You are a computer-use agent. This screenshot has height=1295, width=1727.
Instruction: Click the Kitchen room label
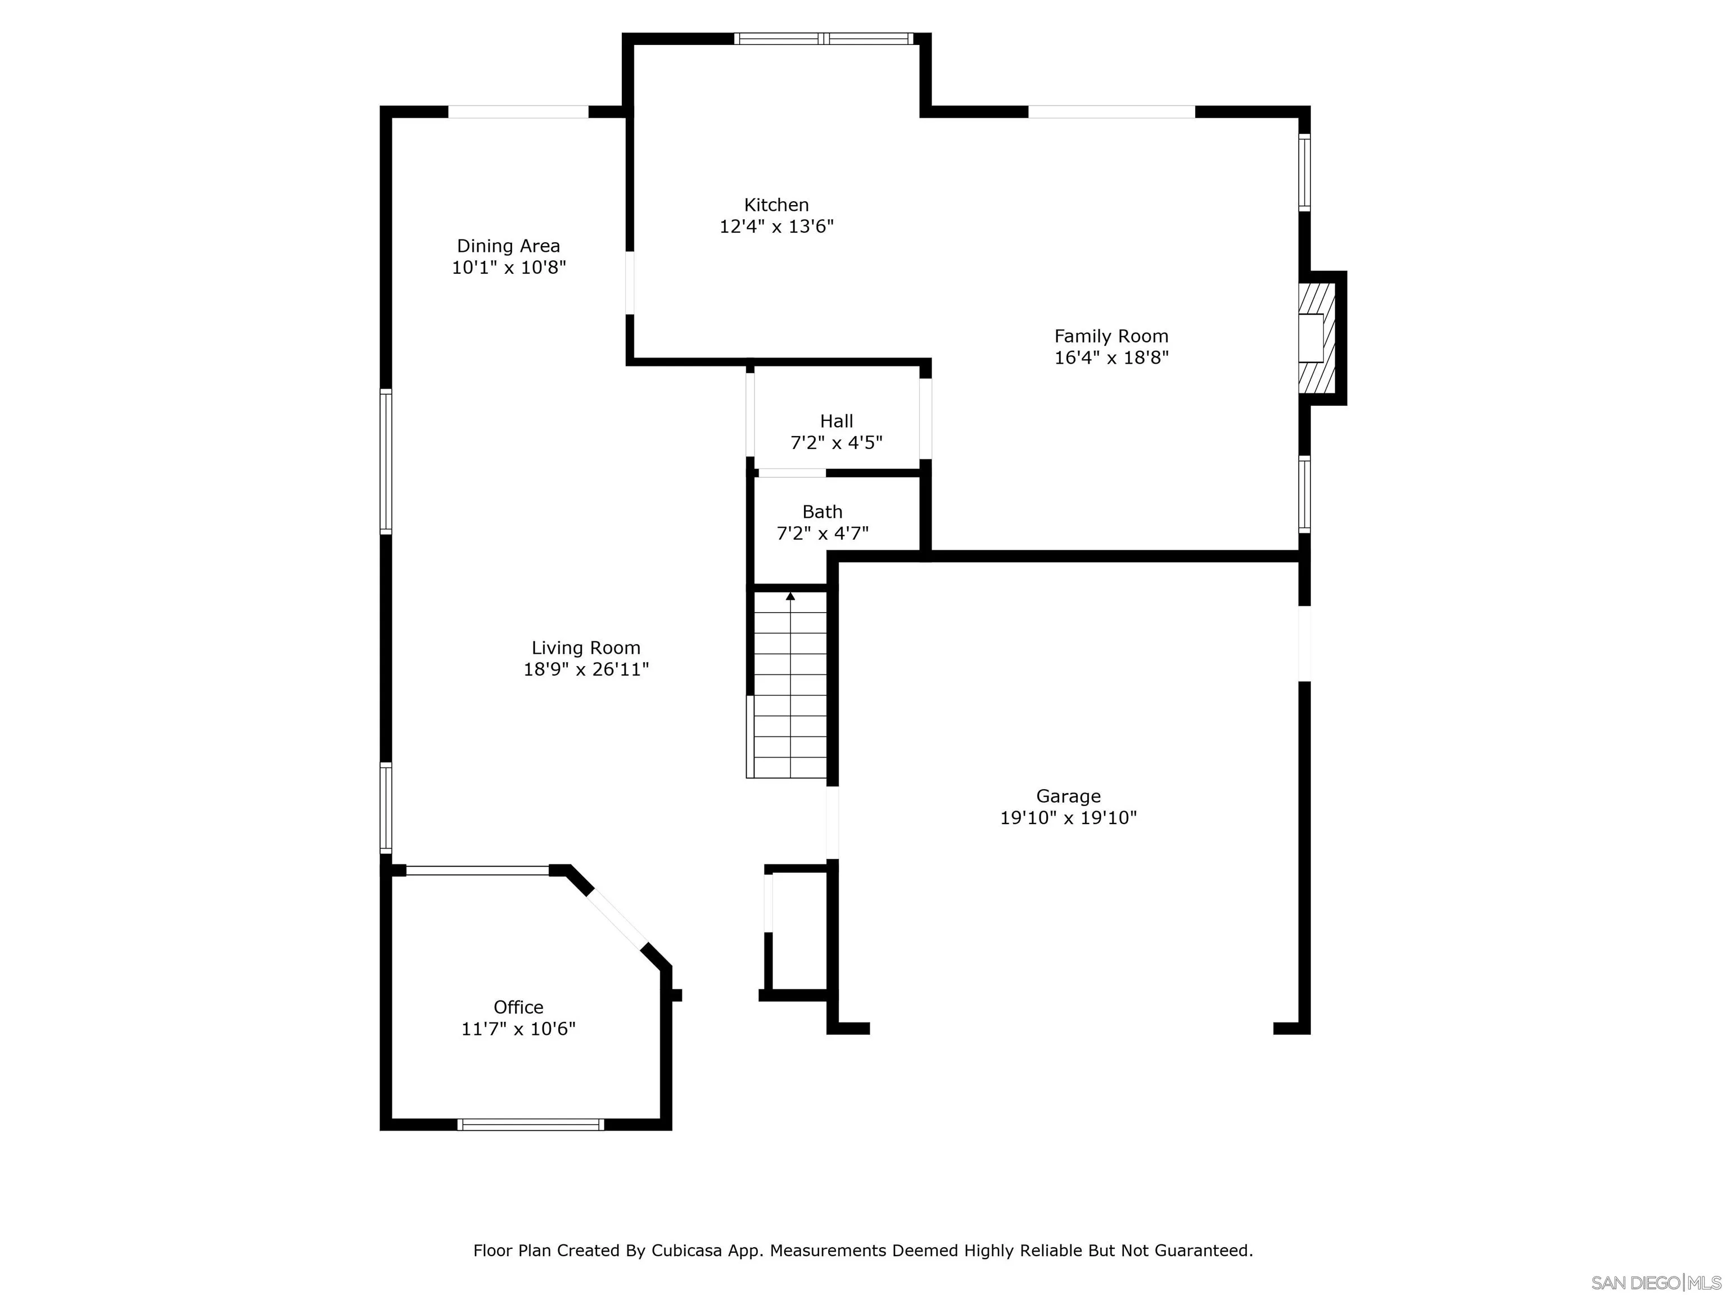click(775, 205)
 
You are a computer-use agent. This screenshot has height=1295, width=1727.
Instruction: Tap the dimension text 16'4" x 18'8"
click(1110, 358)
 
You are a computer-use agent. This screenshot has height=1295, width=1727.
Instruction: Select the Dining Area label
click(508, 246)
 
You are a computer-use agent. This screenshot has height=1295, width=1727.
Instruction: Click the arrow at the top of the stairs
click(790, 597)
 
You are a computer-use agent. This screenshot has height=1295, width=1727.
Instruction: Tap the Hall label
click(836, 422)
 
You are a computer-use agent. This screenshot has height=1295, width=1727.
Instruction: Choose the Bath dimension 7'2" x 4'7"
click(822, 534)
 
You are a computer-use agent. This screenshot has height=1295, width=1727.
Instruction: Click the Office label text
click(518, 1007)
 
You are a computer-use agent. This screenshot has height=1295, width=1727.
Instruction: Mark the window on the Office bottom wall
click(530, 1125)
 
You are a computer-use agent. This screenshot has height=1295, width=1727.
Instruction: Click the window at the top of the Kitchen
click(823, 38)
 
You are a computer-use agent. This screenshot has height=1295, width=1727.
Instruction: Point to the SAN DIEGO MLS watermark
click(1655, 1283)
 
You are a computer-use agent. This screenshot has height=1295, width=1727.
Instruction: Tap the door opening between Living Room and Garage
click(832, 823)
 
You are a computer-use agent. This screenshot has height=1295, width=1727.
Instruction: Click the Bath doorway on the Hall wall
click(792, 473)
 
